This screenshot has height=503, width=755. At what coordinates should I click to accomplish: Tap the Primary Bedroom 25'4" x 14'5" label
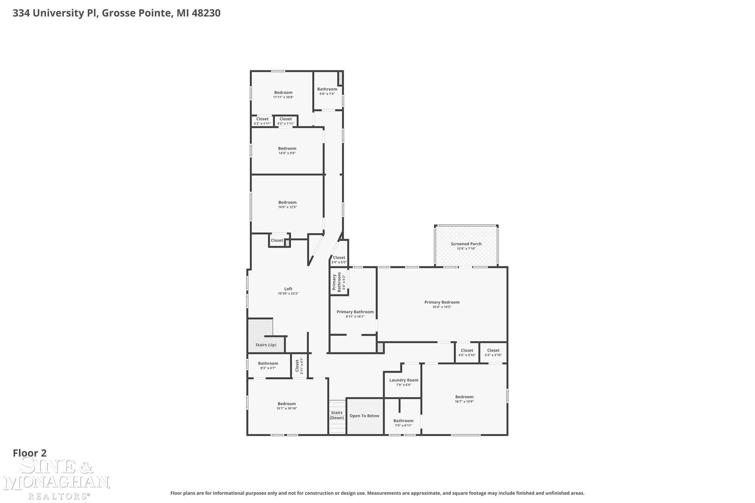[x=442, y=304]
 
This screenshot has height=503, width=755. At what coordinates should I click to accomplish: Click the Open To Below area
[x=364, y=416]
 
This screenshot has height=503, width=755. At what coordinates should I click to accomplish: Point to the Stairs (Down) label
[x=337, y=415]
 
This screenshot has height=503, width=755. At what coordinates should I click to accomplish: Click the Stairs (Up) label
[x=266, y=345]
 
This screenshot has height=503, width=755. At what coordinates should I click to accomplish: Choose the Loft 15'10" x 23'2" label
[x=288, y=291]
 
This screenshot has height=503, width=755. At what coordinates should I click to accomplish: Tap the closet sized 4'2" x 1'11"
[x=262, y=121]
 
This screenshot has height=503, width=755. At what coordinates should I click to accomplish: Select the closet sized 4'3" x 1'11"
[x=286, y=121]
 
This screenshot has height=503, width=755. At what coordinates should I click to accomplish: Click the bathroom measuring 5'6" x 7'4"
[x=327, y=91]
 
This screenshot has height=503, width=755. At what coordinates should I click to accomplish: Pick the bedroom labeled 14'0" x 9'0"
[x=287, y=151]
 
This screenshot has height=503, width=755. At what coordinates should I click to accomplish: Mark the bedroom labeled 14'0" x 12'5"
[x=287, y=205]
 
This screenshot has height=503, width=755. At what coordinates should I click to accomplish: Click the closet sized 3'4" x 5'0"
[x=339, y=260]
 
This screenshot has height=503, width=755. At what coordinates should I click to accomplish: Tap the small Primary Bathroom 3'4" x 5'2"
[x=339, y=282]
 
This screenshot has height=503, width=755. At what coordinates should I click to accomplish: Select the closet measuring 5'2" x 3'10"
[x=493, y=353]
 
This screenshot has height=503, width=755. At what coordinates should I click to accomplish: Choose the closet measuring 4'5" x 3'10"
[x=467, y=353]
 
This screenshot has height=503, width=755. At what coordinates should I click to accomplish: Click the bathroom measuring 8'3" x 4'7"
[x=268, y=366]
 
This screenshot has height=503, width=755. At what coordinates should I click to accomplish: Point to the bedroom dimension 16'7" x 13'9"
[x=464, y=402]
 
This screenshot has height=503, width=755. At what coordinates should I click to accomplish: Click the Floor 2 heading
[x=30, y=453]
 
